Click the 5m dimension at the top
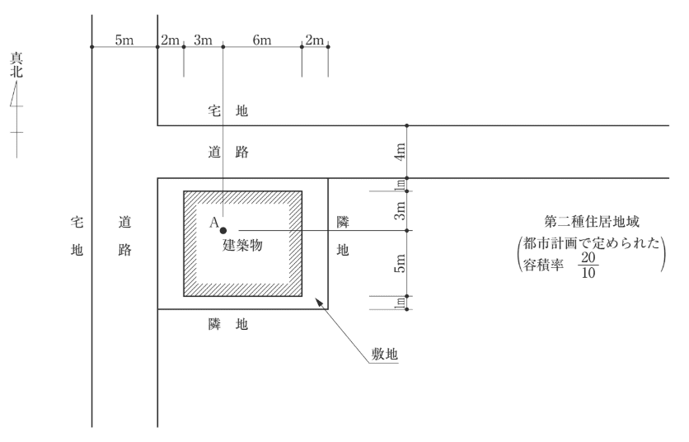pyautogui.click(x=124, y=40)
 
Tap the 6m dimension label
pyautogui.click(x=261, y=40)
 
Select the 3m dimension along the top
pyautogui.click(x=203, y=40)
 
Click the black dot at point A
pyautogui.click(x=223, y=230)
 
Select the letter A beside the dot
pyautogui.click(x=213, y=223)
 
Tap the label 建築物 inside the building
pyautogui.click(x=243, y=247)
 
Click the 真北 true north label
pyautogui.click(x=16, y=65)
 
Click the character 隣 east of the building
pyautogui.click(x=344, y=223)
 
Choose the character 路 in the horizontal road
pyautogui.click(x=241, y=153)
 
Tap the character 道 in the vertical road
pyautogui.click(x=125, y=223)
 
